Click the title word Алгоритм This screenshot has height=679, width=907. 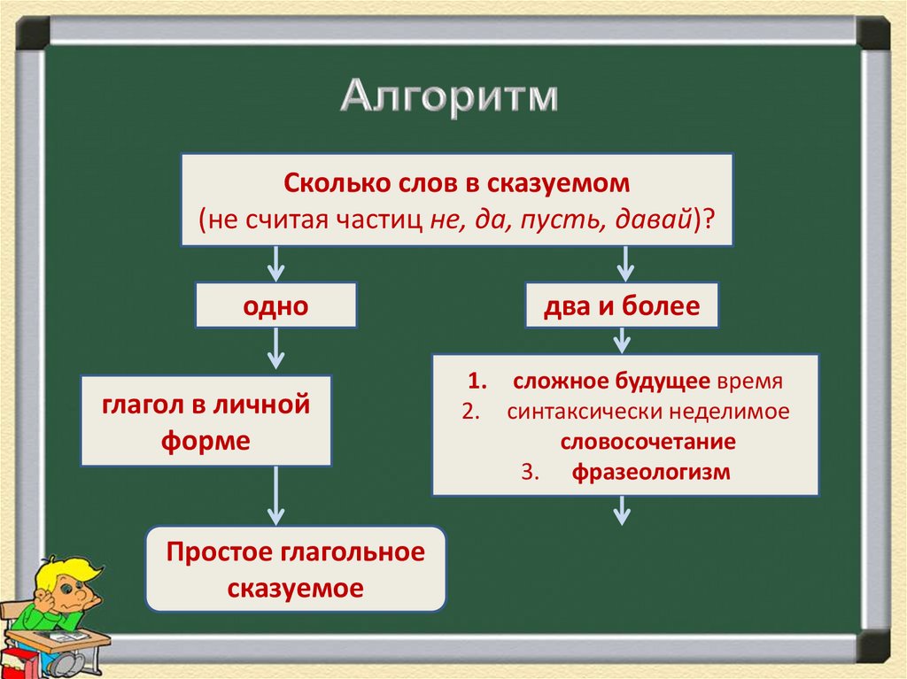click(x=450, y=96)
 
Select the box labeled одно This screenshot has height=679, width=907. click(x=275, y=306)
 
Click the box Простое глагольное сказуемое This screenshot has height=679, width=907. click(x=296, y=569)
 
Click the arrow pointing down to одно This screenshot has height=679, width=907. click(x=275, y=263)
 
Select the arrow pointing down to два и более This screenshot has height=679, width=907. click(x=624, y=263)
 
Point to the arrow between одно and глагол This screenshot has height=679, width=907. click(x=275, y=349)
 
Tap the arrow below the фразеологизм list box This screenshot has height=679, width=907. click(x=622, y=510)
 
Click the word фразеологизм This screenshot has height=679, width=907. click(x=650, y=472)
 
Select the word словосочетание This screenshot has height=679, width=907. click(x=647, y=442)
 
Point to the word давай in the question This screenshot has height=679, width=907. click(x=652, y=220)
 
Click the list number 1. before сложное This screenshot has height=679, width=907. click(x=477, y=382)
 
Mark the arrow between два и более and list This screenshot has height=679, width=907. click(x=622, y=340)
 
